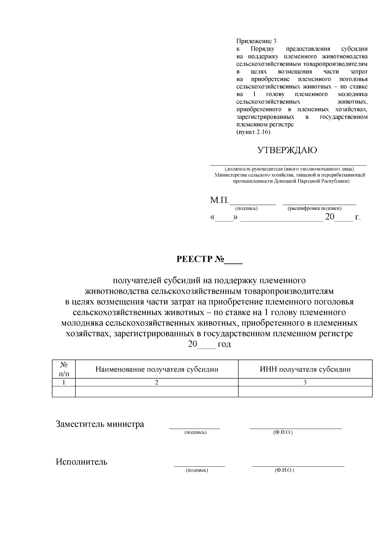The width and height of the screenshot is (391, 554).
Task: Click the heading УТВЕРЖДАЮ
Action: (x=287, y=150)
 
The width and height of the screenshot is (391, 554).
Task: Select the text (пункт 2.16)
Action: (x=253, y=132)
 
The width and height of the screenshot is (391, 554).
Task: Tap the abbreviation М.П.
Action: (x=220, y=200)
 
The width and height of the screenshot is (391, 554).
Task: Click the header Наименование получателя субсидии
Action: (x=156, y=369)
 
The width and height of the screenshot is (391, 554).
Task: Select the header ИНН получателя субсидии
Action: (x=305, y=369)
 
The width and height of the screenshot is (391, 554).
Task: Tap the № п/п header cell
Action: (x=64, y=369)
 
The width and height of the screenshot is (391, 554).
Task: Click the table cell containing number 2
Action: (x=156, y=383)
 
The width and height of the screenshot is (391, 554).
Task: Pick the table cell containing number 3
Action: (x=305, y=383)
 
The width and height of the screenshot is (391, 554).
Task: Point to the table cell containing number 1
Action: (x=64, y=383)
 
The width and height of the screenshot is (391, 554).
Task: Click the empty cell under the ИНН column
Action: (x=305, y=392)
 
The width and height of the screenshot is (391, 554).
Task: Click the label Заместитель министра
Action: (x=100, y=424)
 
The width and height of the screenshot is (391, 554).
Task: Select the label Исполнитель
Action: (x=81, y=462)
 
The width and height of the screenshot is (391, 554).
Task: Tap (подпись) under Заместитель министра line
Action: (x=195, y=433)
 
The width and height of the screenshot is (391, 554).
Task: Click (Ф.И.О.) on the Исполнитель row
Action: (x=284, y=470)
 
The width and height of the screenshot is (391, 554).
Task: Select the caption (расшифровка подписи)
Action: (x=314, y=209)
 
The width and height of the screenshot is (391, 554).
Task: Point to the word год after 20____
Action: (x=224, y=344)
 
